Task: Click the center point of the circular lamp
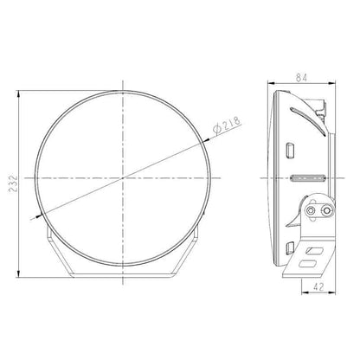pos(125,176)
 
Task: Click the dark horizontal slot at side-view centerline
pos(305,176)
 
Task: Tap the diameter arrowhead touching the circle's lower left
pos(43,215)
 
